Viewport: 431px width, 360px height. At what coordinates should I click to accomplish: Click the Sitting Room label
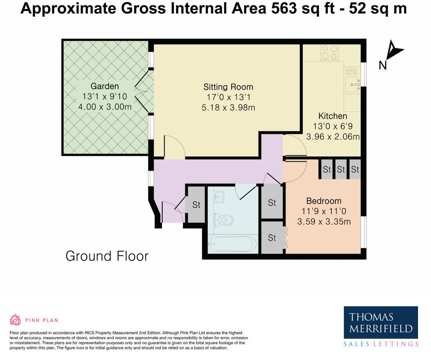point(228,87)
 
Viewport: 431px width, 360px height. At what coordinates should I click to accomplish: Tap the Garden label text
point(105,86)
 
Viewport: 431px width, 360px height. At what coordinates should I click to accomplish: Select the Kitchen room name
point(333,116)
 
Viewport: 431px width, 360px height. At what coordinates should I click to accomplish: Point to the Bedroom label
point(324,201)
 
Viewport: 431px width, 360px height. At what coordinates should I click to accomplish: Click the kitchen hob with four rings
point(329,53)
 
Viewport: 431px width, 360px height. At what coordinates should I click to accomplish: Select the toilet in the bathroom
point(223,220)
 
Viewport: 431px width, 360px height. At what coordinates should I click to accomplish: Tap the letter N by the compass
point(383,66)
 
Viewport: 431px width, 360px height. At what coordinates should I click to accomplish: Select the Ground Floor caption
point(107,256)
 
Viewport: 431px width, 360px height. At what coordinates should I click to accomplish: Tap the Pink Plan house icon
point(15,320)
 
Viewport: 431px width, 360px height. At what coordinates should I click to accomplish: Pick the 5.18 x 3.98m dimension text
point(228,108)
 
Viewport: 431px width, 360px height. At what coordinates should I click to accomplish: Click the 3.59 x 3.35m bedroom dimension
point(324,222)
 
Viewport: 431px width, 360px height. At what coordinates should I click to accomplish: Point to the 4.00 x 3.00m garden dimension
point(105,107)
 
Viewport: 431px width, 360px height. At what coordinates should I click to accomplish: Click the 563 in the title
point(284,9)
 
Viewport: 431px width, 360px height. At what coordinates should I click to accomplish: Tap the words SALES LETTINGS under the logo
point(381,344)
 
